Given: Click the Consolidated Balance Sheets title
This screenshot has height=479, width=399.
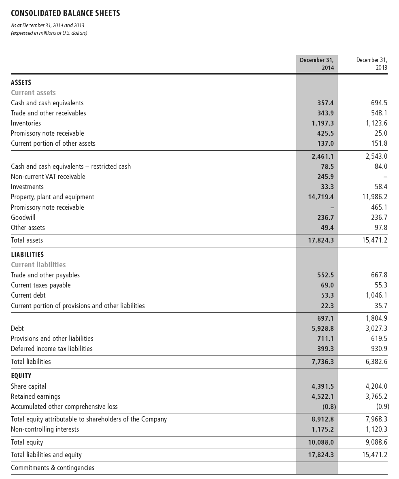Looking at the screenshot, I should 66,13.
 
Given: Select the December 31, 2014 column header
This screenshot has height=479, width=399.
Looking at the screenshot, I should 317,64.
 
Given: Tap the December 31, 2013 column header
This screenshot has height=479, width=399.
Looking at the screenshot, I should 371,64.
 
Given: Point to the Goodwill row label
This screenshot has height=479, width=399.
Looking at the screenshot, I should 23,217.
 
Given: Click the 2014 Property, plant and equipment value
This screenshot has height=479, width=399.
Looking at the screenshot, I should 321,197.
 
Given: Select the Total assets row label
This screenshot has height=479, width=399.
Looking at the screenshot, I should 27,240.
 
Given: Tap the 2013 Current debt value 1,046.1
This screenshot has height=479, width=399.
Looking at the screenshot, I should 376,296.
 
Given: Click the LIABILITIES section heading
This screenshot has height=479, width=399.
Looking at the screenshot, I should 27,255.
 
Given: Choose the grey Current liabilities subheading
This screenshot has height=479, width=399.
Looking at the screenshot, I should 38,265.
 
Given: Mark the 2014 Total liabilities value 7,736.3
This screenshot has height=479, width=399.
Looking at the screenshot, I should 323,362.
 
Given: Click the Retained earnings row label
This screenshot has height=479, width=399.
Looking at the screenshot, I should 36,396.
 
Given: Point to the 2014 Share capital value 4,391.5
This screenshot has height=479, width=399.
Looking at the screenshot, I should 323,386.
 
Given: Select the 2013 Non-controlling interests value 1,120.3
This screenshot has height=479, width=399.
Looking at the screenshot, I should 376,429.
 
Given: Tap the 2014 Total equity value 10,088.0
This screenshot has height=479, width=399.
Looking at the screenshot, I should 321,443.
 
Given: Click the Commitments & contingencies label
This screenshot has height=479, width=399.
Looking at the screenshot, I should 53,468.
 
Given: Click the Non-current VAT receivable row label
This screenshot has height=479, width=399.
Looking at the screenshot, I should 48,177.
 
